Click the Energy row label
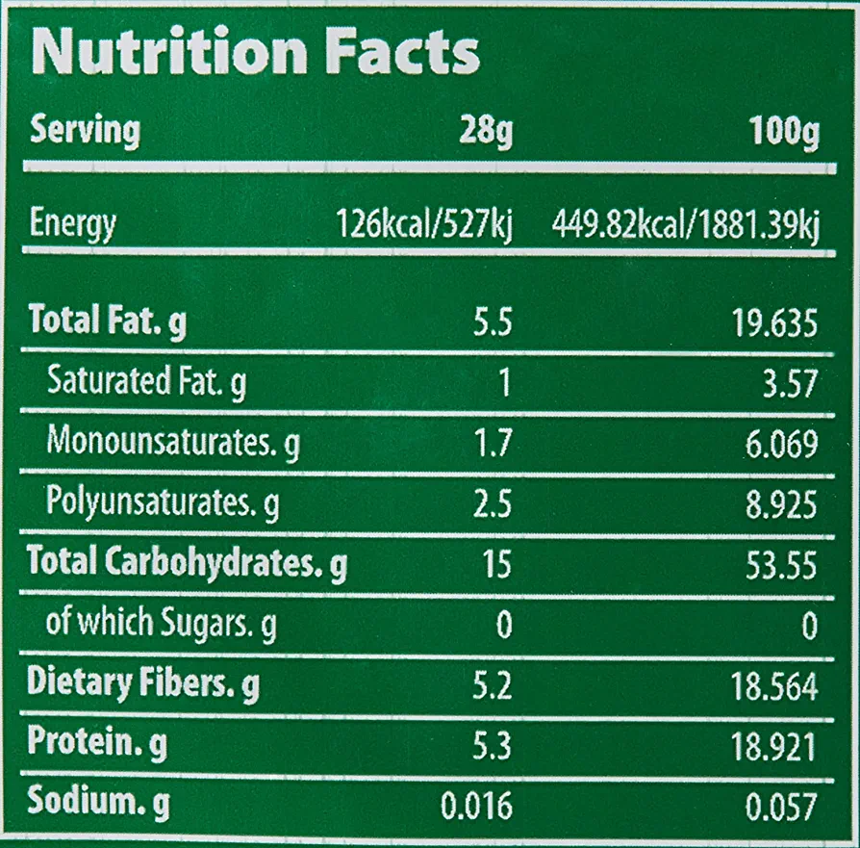pos(73,224)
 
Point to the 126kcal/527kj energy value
pos(424,226)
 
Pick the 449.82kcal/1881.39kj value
pos(685,226)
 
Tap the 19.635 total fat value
pos(771,323)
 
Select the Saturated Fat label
pos(146,384)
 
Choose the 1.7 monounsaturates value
pos(493,444)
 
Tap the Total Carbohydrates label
pos(187,563)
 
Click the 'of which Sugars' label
pos(162,625)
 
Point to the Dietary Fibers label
pos(143,685)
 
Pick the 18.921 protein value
pos(772,746)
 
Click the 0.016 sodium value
pos(475,806)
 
